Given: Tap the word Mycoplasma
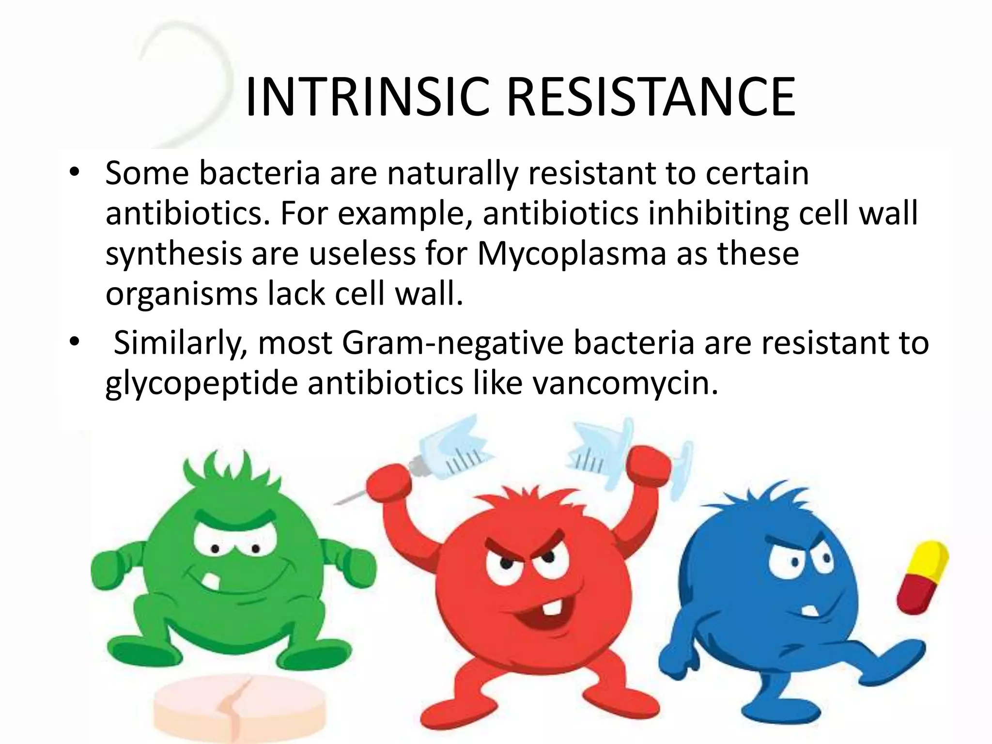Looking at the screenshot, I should point(572,254).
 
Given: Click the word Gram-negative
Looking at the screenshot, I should point(453,343).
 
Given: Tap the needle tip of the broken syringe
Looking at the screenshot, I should point(339,501).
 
